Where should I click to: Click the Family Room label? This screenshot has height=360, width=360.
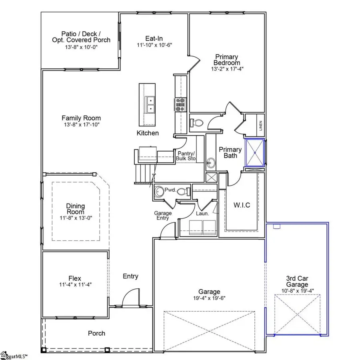81,118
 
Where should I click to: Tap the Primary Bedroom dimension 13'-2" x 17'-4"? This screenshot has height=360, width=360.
227,69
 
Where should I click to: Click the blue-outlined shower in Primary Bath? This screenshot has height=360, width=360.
254,152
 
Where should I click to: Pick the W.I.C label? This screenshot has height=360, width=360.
242,205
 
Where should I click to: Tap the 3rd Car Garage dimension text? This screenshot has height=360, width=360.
297,291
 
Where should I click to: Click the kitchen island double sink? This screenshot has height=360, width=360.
150,104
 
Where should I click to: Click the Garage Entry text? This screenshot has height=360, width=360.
163,216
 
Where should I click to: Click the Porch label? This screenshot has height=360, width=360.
97,333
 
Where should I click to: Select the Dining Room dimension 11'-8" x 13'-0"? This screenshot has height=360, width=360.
75,218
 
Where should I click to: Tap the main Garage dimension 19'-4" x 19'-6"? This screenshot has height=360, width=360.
209,298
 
